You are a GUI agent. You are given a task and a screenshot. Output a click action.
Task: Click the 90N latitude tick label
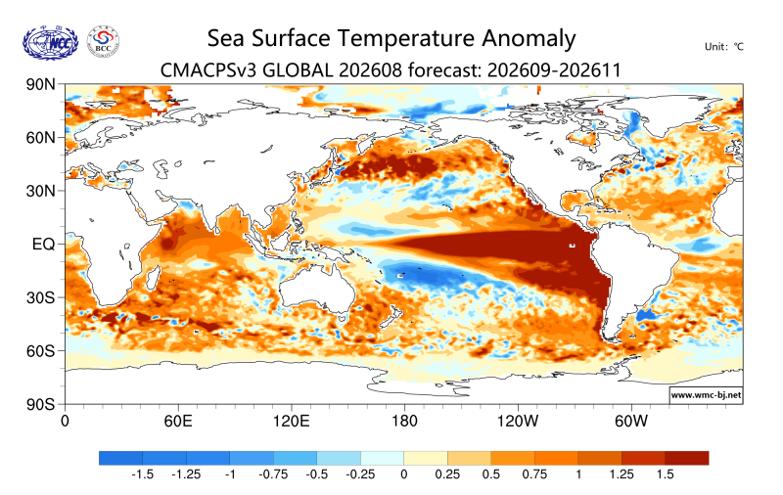pos(40,84)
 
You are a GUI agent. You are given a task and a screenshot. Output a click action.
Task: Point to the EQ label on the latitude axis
pos(43,244)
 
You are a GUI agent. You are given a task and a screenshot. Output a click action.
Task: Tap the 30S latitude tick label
pos(40,297)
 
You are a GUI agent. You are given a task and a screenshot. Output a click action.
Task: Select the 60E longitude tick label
pos(178,422)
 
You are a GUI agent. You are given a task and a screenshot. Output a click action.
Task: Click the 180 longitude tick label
pos(404,422)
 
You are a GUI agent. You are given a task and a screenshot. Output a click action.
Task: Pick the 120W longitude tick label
pos(518,422)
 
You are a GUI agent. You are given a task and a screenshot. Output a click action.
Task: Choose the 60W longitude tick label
pos(631,422)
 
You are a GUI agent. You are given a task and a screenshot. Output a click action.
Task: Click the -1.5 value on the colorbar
pos(142,474)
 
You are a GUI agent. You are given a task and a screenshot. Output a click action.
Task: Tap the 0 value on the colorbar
pos(404,474)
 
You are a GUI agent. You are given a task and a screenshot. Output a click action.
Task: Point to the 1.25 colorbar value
pos(622,474)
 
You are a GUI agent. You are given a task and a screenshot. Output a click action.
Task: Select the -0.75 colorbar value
pos(273,474)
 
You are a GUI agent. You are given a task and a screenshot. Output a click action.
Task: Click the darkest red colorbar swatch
pos(687,458)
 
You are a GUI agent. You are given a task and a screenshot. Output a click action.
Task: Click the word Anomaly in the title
pos(529,39)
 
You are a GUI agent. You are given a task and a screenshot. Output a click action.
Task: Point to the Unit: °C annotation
pos(724,47)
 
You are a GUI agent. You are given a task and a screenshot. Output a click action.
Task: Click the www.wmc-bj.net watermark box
pos(706,394)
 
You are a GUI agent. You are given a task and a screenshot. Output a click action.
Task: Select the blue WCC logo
pos(51,43)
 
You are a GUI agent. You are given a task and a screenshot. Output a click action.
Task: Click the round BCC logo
pos(104,42)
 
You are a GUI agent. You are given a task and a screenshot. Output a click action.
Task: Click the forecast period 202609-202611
pos(554,70)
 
